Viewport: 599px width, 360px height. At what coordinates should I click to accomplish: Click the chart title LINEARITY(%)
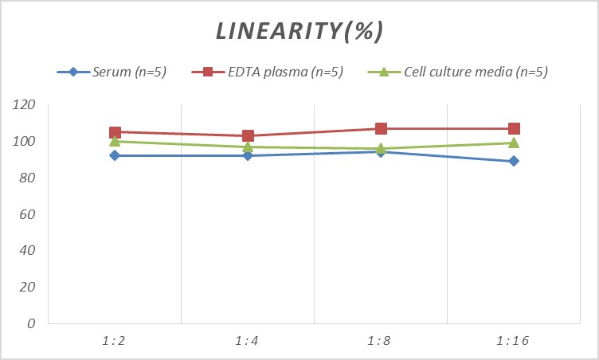pos(300,31)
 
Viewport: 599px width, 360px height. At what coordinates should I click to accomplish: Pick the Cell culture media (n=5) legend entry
pos(476,72)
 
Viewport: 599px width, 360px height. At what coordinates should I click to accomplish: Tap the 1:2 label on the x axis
pos(115,340)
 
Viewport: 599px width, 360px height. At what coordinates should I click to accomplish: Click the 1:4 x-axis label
pos(248,340)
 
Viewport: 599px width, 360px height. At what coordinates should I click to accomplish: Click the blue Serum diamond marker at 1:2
pos(115,155)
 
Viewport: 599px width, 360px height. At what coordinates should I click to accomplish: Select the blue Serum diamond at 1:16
pos(514,161)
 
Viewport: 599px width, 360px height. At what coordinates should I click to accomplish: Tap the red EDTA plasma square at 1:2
pos(115,132)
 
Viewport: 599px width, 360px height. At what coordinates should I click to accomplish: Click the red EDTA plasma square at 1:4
pos(248,136)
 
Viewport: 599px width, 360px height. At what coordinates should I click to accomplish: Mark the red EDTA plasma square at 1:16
pos(514,128)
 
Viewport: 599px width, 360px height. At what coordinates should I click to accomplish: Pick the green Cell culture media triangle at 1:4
pos(248,147)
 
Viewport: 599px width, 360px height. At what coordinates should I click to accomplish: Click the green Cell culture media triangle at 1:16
pos(514,143)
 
